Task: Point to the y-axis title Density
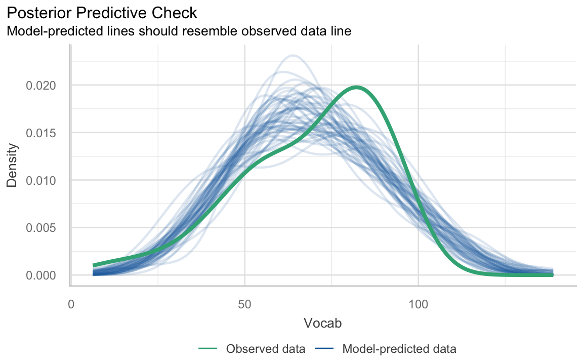click(x=12, y=165)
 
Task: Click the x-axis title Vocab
click(x=322, y=323)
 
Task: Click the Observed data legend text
click(x=265, y=349)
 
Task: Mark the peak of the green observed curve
click(x=357, y=87)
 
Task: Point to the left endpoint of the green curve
click(x=94, y=265)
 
